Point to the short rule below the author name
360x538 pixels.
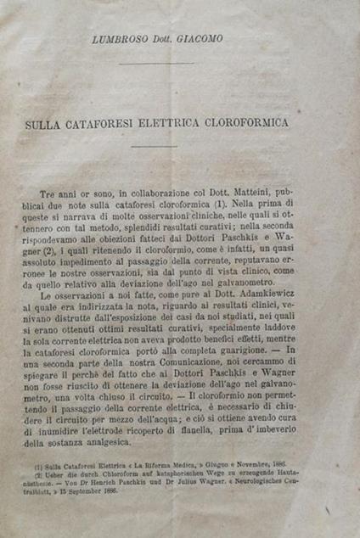(x=169, y=63)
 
